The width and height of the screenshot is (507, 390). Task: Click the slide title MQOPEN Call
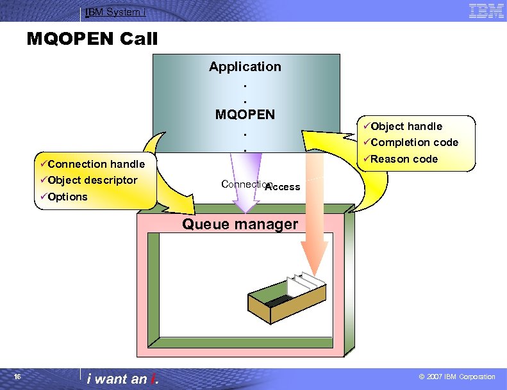(92, 39)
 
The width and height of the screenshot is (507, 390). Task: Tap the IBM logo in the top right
(486, 10)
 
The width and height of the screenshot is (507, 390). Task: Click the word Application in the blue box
(245, 67)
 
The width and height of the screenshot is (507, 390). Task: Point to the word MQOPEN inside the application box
(245, 115)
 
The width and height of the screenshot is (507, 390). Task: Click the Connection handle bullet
(96, 164)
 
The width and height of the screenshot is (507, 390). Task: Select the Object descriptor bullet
(92, 180)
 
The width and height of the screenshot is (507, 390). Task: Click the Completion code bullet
(414, 142)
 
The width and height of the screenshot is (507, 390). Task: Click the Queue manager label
(240, 224)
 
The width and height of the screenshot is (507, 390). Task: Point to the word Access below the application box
(283, 187)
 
